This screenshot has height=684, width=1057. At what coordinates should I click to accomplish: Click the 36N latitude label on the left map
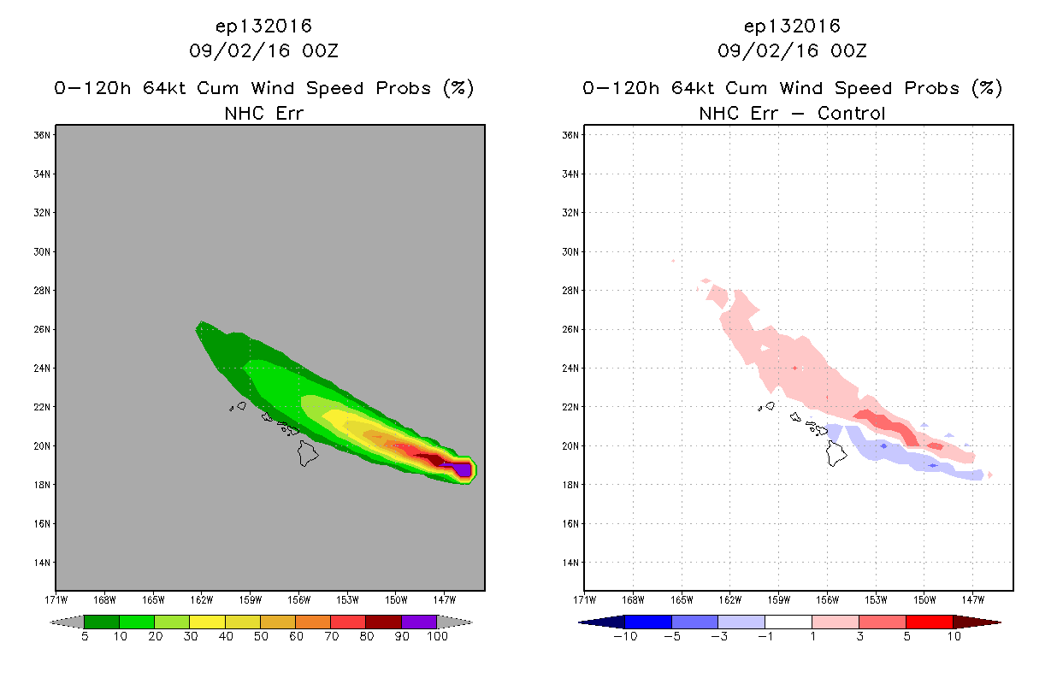(42, 135)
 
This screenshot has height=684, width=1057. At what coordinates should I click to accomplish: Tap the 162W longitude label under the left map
(202, 600)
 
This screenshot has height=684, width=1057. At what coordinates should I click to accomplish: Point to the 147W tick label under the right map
(973, 600)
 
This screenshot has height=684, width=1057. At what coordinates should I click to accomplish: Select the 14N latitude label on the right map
(570, 563)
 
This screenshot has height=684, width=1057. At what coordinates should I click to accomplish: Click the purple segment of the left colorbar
(419, 622)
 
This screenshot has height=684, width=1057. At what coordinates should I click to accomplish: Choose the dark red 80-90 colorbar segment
(384, 622)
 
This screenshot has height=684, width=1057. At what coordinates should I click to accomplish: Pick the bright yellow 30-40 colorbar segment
(207, 622)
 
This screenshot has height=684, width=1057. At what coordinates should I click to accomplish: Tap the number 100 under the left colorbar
(437, 636)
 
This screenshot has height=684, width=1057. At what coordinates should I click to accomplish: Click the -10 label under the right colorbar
(625, 636)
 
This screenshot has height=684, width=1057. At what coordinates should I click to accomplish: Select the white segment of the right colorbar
(788, 622)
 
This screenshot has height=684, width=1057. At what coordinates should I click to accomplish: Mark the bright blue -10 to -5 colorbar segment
(648, 622)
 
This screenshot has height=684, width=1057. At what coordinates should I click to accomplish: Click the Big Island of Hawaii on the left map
(308, 453)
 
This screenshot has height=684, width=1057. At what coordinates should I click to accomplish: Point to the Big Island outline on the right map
(836, 453)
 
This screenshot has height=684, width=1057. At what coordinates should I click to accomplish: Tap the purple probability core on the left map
(460, 470)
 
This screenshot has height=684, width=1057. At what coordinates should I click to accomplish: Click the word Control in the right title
(851, 113)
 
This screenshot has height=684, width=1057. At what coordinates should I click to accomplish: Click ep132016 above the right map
(792, 26)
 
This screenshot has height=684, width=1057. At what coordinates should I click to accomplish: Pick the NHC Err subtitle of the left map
(263, 113)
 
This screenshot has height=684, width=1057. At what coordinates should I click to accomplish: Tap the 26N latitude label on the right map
(570, 329)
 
